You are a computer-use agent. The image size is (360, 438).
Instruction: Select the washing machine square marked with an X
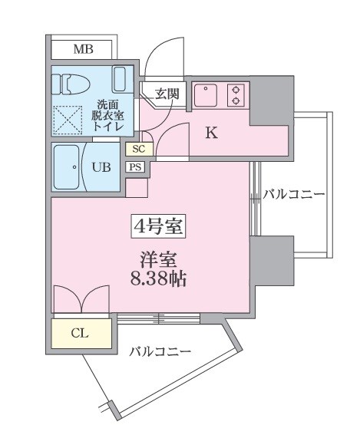point(68,120)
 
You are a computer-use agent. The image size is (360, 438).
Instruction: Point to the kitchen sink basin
point(206,96)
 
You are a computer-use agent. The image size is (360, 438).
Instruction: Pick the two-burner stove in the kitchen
point(236,94)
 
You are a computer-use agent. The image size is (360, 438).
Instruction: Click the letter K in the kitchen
point(212,132)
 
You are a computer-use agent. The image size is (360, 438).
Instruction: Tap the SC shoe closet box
point(139,149)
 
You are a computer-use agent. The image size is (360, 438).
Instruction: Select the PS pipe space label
point(135,166)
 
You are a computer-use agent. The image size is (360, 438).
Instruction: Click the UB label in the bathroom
point(101,166)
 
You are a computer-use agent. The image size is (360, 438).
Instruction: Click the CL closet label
point(80,333)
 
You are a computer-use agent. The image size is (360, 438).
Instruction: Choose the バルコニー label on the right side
point(293,194)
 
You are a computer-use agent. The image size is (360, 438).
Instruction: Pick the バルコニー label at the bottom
point(160,352)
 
